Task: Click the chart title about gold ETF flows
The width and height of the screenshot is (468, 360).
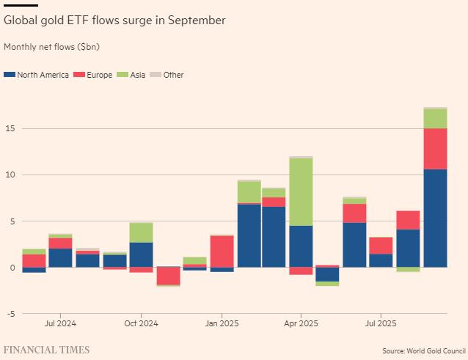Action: [x=114, y=21]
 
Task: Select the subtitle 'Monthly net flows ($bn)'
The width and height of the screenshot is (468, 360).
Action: [x=51, y=47]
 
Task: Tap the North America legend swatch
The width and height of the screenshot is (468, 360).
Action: [x=9, y=75]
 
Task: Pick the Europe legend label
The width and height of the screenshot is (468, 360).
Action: [x=99, y=75]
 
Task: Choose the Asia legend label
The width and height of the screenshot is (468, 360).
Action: [x=137, y=75]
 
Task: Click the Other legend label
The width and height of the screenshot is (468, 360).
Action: [x=173, y=75]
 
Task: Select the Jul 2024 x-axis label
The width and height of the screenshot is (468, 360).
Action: [x=60, y=323]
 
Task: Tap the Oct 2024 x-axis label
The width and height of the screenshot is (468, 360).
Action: [x=141, y=323]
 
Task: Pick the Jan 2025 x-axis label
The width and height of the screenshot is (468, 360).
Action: [x=222, y=323]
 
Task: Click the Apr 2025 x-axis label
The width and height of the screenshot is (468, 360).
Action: [x=301, y=323]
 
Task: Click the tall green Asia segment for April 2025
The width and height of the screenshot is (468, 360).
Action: [x=301, y=191]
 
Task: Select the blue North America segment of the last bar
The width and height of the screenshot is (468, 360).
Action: [x=435, y=218]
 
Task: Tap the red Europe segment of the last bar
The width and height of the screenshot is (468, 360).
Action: [x=435, y=149]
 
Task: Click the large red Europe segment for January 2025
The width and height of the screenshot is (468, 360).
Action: [x=222, y=251]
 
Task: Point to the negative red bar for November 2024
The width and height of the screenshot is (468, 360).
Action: [x=169, y=276]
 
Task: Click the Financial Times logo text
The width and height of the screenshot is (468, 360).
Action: [x=47, y=350]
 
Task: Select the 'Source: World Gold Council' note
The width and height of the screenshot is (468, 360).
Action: [x=423, y=351]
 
